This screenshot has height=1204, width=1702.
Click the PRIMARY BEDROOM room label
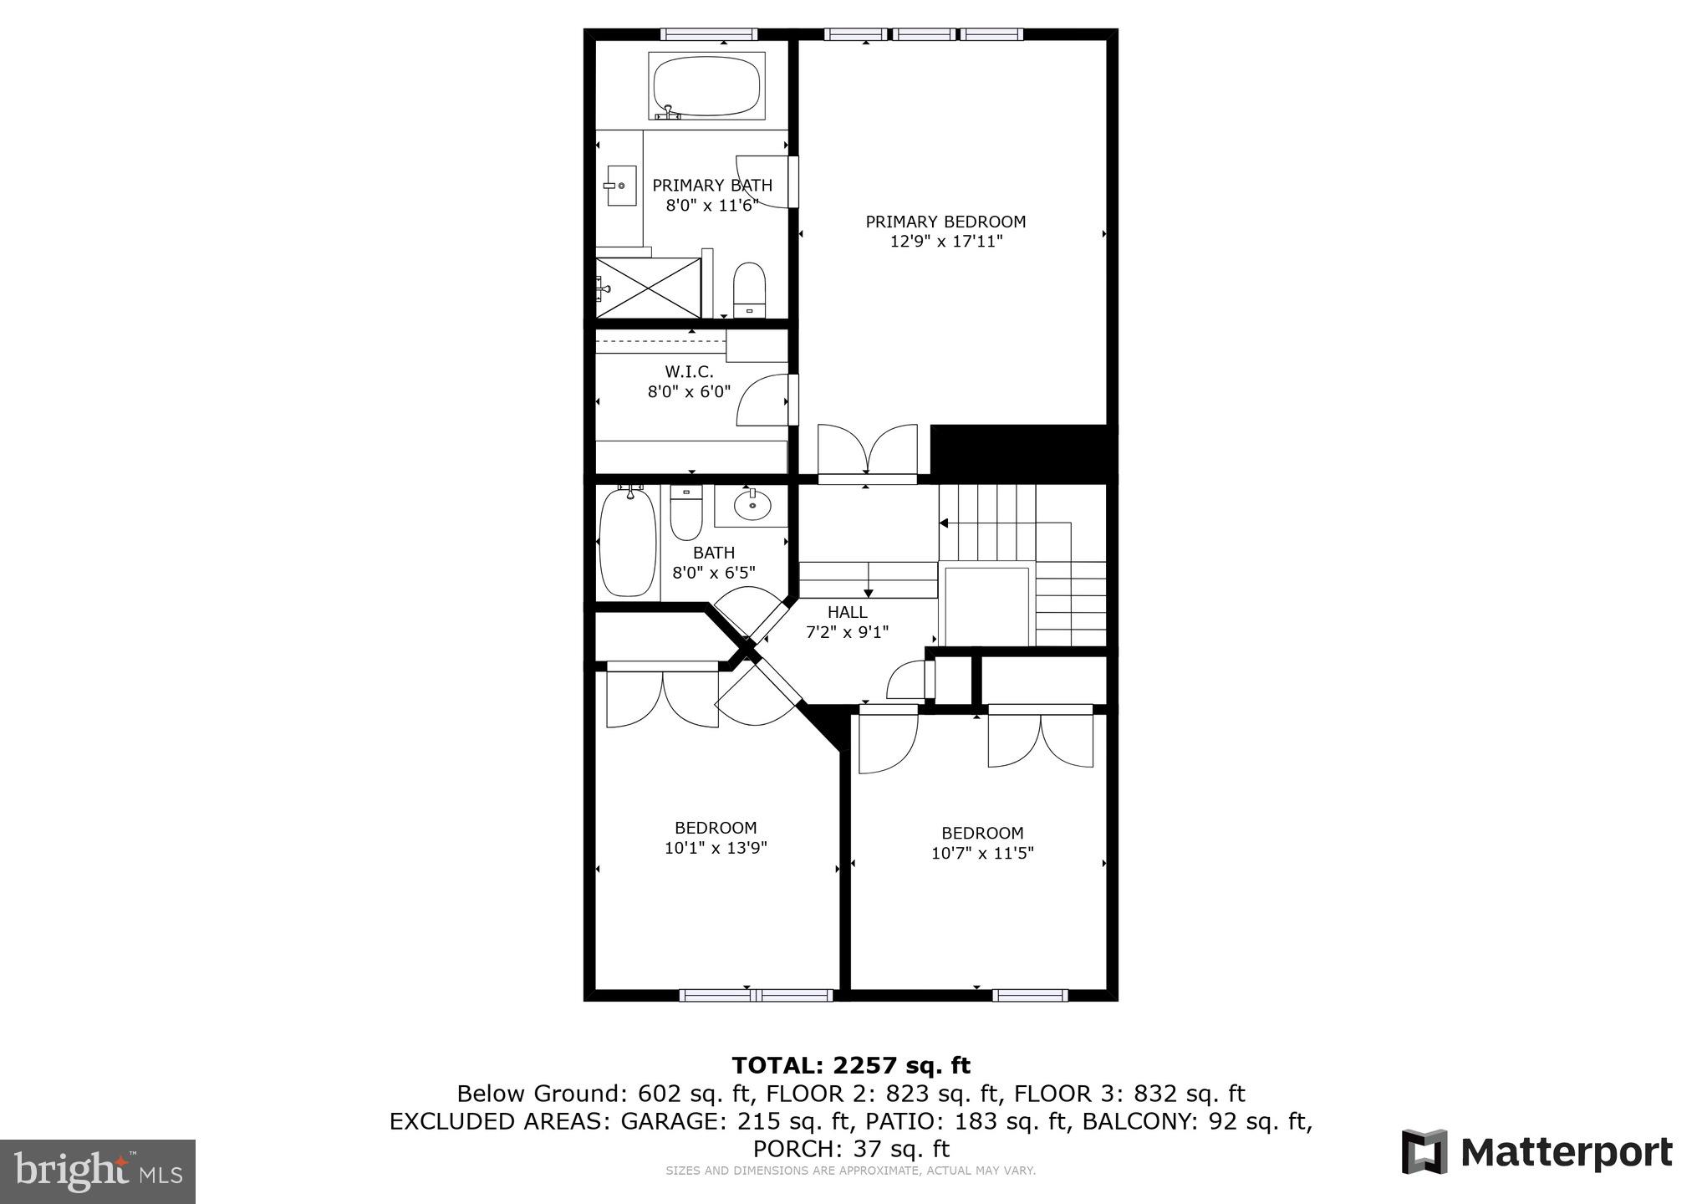(945, 222)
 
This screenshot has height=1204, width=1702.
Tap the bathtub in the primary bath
(706, 87)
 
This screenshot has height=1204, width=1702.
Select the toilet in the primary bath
(749, 288)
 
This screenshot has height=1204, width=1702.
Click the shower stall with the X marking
(649, 288)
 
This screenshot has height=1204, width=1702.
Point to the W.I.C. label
(689, 371)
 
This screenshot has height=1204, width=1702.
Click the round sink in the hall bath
(752, 504)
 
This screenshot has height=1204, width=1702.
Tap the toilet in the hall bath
(686, 513)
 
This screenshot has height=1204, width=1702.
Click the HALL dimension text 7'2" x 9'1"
(847, 632)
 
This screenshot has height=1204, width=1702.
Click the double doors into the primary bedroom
(867, 453)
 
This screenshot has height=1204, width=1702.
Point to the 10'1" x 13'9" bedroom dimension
(716, 848)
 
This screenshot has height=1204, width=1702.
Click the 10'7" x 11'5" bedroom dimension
(982, 853)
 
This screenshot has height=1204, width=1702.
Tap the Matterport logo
(1536, 1153)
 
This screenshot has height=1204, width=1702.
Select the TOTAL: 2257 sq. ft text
(851, 1065)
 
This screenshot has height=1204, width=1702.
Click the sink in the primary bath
(619, 186)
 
